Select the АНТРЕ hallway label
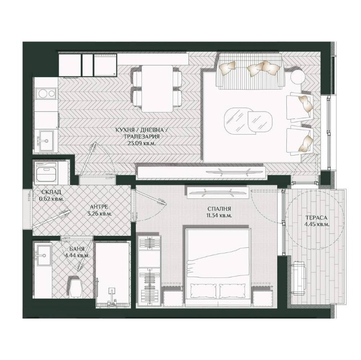coord(98,206)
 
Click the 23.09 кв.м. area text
coord(140,142)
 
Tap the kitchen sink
coord(46,138)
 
